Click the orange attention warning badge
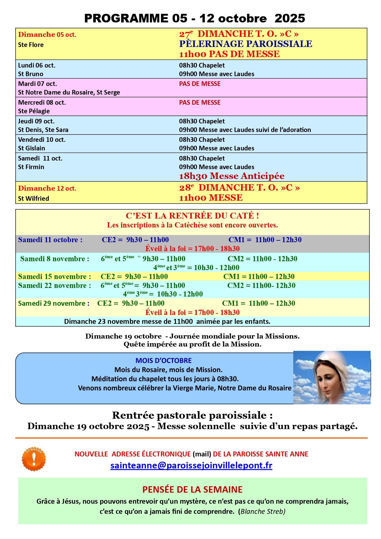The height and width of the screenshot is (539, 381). point(34,459)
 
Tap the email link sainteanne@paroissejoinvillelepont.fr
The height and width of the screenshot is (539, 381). point(191,465)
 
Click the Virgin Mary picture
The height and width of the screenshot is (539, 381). point(332,377)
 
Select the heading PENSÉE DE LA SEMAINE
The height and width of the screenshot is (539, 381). point(192,489)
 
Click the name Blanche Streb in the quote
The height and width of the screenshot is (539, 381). point(263,511)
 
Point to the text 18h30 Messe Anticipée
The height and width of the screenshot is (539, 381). point(232,176)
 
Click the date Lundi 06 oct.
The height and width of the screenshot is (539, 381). point(37,65)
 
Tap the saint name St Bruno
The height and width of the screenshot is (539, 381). point(31,74)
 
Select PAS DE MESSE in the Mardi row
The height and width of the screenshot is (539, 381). point(200,84)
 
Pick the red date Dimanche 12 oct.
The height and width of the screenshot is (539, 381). point(47,188)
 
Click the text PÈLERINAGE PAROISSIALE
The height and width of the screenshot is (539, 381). point(245,44)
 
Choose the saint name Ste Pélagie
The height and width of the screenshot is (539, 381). point(34,111)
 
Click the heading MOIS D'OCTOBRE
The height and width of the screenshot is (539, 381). point(164,360)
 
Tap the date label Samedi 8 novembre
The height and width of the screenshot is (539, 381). point(55,259)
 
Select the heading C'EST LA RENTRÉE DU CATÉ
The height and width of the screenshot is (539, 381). point(192,215)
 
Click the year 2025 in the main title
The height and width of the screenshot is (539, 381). point(290,18)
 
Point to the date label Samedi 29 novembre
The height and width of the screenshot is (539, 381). point(54,303)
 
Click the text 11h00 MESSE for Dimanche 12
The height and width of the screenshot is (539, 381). point(211,198)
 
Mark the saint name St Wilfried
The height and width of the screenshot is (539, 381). point(33,199)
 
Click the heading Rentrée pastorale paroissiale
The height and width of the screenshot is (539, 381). point(192,415)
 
